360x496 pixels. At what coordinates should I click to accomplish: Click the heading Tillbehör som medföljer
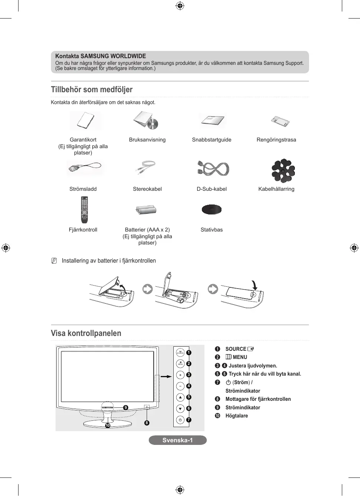pos(91,90)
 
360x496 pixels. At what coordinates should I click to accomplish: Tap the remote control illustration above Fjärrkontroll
pos(84,210)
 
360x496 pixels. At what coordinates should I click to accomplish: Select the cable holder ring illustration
pos(283,170)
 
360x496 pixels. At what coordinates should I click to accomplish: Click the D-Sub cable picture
pos(213,169)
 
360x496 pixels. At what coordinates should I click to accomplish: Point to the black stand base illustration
pos(211,210)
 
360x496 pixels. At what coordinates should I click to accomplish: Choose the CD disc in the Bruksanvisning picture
pos(153,124)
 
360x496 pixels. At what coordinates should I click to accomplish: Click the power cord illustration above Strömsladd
pos(84,168)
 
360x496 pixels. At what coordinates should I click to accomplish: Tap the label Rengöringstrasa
pos(276,140)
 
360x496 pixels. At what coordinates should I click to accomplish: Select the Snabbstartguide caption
pos(211,140)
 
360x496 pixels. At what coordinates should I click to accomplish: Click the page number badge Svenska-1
pos(177,440)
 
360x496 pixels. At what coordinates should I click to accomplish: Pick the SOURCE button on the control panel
pos(180,353)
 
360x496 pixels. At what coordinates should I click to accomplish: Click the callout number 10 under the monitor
pos(108,425)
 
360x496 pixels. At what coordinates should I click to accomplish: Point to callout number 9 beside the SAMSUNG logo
pos(126,407)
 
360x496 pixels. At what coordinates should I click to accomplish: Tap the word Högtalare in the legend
pos(237,416)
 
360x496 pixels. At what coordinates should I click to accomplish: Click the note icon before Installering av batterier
pos(54,261)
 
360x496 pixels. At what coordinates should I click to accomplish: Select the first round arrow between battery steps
pos(148,289)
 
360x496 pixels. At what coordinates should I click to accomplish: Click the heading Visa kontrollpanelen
pos(86,333)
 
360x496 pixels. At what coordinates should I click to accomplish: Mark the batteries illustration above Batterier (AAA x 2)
pos(146,210)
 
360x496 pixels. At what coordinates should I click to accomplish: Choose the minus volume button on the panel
pos(180,386)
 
